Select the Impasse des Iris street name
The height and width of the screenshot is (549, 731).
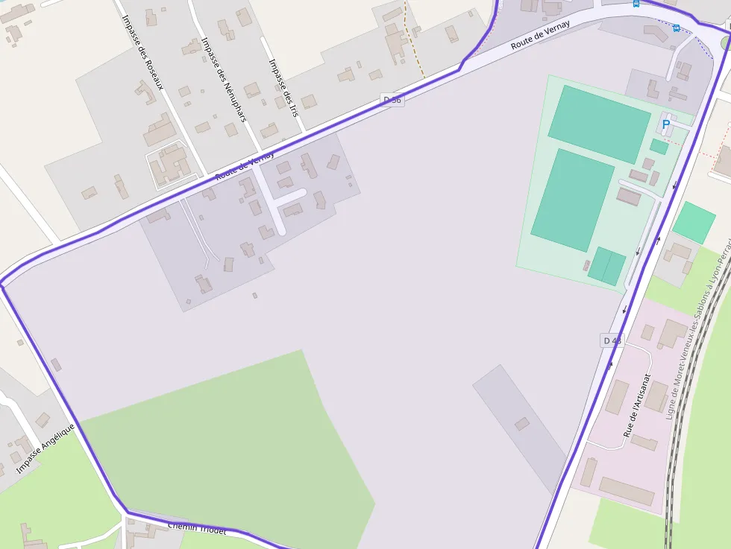coord(283,87)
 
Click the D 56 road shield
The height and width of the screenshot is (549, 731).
coord(392,100)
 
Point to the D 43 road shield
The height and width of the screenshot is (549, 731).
coord(611,340)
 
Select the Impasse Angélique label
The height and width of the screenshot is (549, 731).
coord(46,448)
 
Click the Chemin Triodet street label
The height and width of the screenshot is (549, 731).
coord(197,528)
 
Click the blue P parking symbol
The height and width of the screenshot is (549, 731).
coord(665,125)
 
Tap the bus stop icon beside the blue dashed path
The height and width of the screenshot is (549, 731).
coord(676,28)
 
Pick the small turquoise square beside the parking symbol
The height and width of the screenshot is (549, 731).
coord(659,146)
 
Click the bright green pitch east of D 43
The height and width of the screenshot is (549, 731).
coord(694,222)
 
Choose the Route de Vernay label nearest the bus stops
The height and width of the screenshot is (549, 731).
coord(541,36)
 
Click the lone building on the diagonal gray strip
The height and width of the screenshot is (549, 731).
coord(522,424)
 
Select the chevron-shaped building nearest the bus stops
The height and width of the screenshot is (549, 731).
coord(656,34)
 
